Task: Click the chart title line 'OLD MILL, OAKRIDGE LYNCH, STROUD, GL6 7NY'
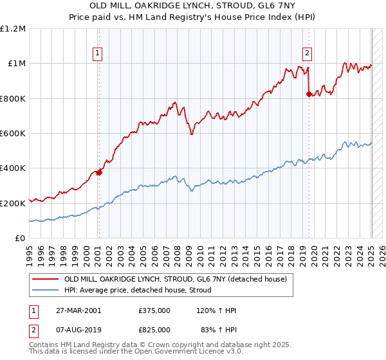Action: click(x=192, y=6)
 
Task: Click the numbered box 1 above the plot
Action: click(x=98, y=53)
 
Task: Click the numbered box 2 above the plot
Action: click(x=308, y=53)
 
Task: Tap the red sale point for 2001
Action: click(x=99, y=172)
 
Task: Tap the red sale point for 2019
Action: click(x=309, y=94)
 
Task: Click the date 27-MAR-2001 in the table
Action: click(x=78, y=310)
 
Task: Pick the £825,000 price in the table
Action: click(x=154, y=329)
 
